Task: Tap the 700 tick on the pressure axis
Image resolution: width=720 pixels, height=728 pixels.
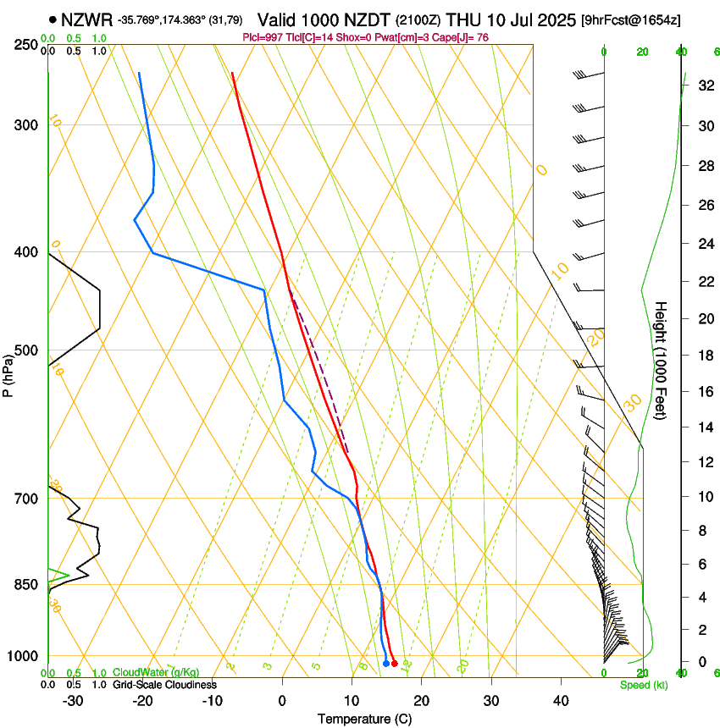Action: click(x=25, y=498)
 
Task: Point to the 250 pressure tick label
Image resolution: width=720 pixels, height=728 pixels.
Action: click(x=25, y=44)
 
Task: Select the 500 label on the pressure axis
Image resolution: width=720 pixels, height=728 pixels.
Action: click(x=25, y=350)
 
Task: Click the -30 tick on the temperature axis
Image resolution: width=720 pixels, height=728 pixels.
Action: click(x=74, y=700)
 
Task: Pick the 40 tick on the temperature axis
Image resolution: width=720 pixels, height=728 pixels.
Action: click(x=560, y=700)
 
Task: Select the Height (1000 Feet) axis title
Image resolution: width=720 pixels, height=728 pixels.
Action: click(x=662, y=360)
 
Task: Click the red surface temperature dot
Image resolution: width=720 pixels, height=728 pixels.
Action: click(x=395, y=664)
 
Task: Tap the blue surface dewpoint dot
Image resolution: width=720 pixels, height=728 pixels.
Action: click(x=385, y=664)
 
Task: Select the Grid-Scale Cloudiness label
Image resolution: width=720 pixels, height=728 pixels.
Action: click(x=164, y=684)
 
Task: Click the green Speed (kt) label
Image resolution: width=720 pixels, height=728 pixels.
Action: click(x=643, y=685)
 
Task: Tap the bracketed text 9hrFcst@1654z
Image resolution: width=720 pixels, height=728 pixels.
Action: click(x=629, y=19)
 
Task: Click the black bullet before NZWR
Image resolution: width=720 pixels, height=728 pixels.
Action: click(x=53, y=19)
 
